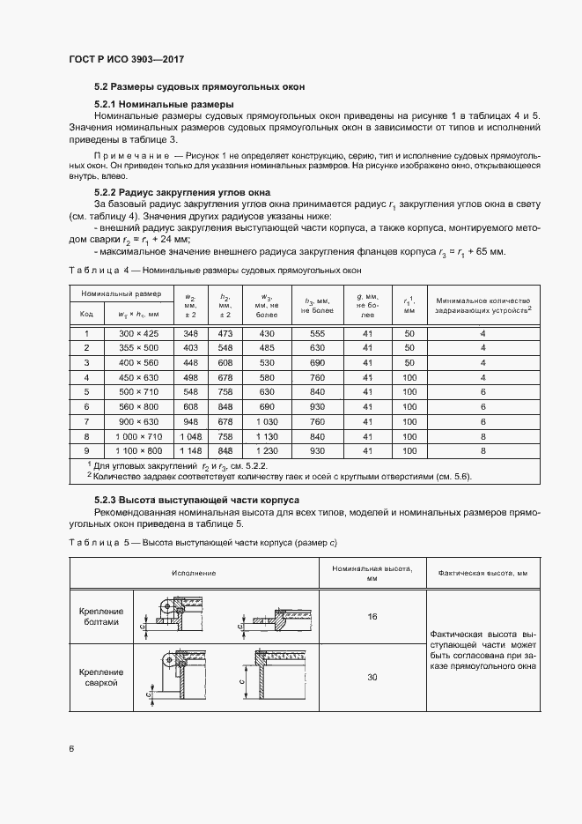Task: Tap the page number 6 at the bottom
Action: click(71, 748)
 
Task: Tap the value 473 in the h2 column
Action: click(225, 334)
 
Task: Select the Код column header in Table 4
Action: click(87, 313)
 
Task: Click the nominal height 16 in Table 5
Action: click(372, 616)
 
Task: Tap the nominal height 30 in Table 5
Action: click(372, 676)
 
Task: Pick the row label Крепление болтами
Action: click(105, 616)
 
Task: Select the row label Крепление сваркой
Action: click(105, 677)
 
